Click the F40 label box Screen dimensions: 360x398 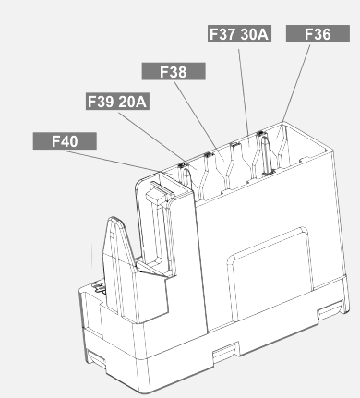pyautogui.click(x=65, y=141)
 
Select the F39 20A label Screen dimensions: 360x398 pyautogui.click(x=117, y=102)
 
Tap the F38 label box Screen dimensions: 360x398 pyautogui.click(x=174, y=71)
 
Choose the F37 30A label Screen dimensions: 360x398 pyautogui.click(x=239, y=33)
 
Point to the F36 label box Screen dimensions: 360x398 pyautogui.click(x=318, y=33)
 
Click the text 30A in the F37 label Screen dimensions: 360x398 pyautogui.click(x=254, y=34)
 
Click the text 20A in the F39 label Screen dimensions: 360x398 pyautogui.click(x=132, y=102)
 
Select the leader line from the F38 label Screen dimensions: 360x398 pyautogui.click(x=199, y=119)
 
